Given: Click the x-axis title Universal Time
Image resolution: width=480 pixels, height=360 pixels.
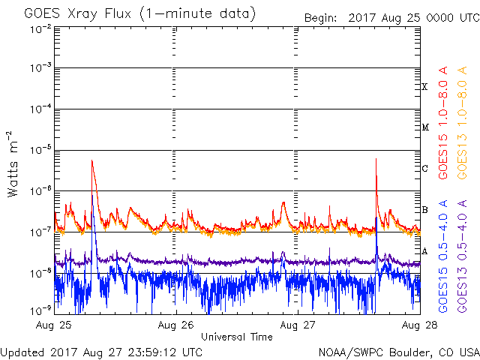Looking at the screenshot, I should click(x=236, y=337).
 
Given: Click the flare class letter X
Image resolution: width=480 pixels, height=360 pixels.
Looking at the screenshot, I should click(x=424, y=87).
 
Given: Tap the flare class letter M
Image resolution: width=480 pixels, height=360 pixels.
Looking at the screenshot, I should click(x=424, y=127).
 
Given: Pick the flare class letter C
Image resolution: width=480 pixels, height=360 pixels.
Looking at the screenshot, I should click(x=424, y=168).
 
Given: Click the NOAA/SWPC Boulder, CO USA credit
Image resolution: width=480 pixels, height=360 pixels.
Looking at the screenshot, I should click(x=397, y=352).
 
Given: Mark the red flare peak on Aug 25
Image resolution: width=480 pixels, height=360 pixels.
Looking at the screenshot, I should click(x=91, y=160).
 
